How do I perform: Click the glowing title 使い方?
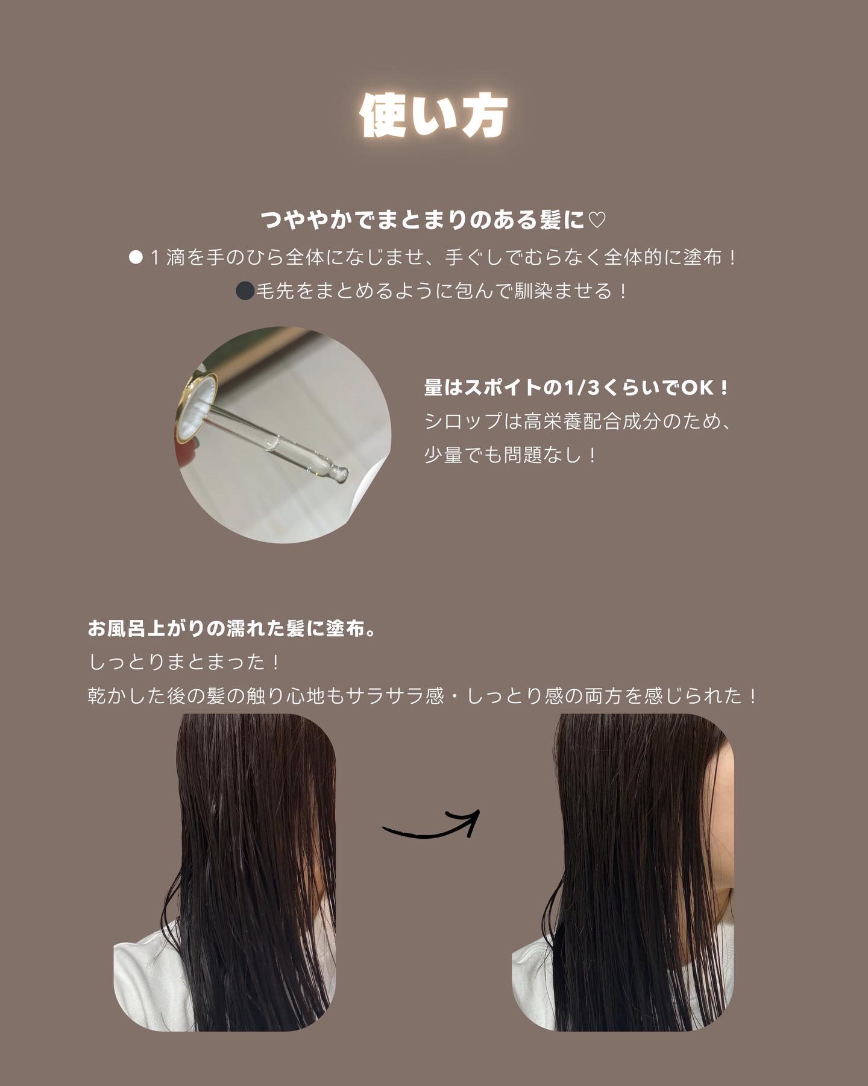(x=434, y=115)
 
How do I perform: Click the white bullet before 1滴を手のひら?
(x=136, y=258)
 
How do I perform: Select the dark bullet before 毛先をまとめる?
(x=245, y=291)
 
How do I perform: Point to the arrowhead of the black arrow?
(x=471, y=819)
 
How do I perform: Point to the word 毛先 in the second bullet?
(x=275, y=291)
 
